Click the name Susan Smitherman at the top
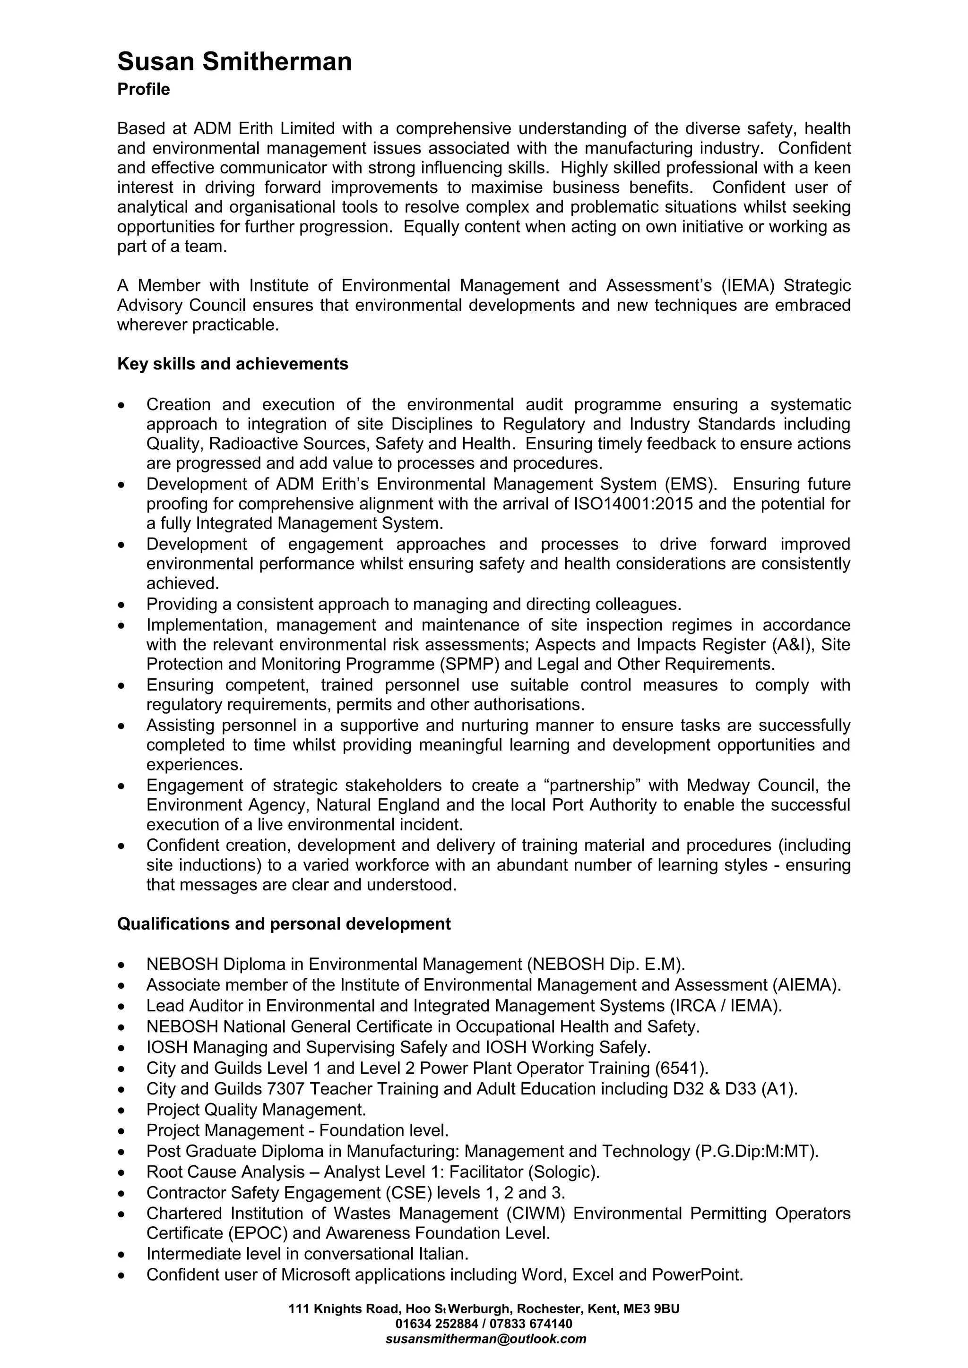pyautogui.click(x=234, y=62)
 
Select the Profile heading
pyautogui.click(x=144, y=90)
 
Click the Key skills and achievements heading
pyautogui.click(x=233, y=364)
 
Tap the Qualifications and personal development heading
pyautogui.click(x=284, y=924)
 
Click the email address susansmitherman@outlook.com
pyautogui.click(x=486, y=1339)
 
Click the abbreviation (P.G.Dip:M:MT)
pyautogui.click(x=757, y=1151)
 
